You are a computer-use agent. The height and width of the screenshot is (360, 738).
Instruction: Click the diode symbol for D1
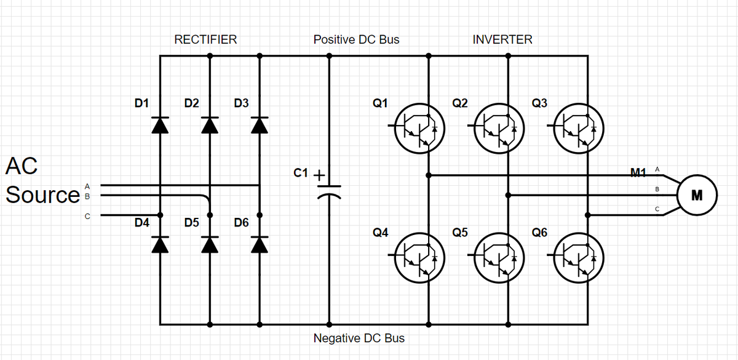[x=160, y=125]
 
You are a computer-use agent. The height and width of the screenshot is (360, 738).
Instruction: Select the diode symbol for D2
[x=210, y=125]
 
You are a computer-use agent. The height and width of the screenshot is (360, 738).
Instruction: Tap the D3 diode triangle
[x=260, y=125]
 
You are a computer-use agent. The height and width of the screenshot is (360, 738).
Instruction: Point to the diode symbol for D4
[x=160, y=244]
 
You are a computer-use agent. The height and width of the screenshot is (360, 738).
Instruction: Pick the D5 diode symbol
[x=210, y=244]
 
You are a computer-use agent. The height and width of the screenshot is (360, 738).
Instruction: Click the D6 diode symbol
[x=260, y=244]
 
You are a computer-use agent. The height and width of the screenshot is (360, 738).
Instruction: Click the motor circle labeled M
[x=697, y=196]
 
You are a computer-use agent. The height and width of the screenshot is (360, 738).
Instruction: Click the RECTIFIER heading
[x=205, y=40]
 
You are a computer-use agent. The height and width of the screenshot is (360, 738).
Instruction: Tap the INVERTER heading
[x=502, y=40]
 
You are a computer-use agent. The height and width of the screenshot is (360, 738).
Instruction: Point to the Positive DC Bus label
[x=356, y=40]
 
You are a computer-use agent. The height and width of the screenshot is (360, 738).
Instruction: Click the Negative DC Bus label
[x=359, y=338]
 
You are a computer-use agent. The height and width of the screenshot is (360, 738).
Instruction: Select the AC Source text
[x=42, y=180]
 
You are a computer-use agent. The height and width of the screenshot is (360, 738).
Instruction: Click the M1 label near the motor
[x=640, y=170]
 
